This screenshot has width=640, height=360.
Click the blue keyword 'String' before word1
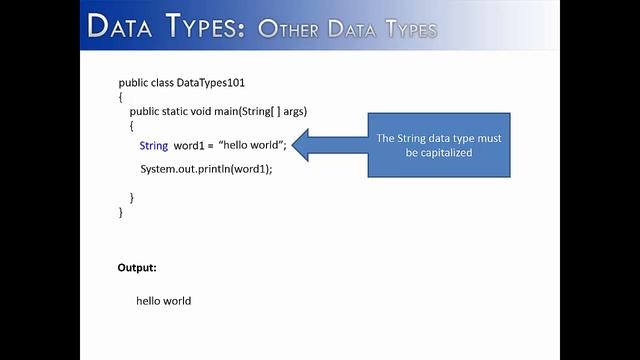point(154,146)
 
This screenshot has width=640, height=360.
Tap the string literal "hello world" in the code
point(253,146)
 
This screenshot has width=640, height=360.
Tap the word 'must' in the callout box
point(490,139)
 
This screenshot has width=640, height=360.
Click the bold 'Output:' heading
point(137,268)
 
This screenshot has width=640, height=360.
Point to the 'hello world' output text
point(163,301)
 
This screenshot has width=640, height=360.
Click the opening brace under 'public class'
point(120,96)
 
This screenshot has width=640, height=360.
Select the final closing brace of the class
point(120,212)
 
